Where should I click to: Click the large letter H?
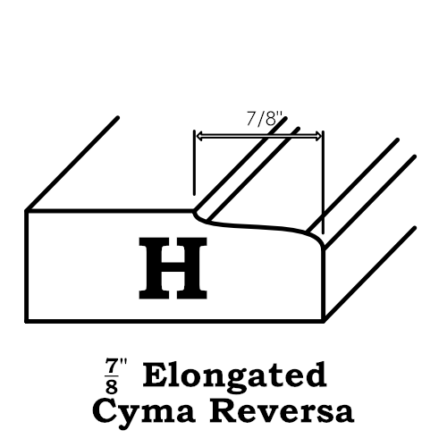tap(173, 268)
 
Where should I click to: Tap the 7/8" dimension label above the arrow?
tap(264, 119)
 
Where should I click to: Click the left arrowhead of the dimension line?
tap(199, 136)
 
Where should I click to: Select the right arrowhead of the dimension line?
tap(318, 136)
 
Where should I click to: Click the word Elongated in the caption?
tap(235, 375)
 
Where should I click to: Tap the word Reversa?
tap(282, 410)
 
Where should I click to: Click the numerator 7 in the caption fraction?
tap(111, 367)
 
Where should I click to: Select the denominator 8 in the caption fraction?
tap(111, 386)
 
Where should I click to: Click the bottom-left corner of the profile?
tap(26, 321)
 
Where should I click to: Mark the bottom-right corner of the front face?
tap(324, 321)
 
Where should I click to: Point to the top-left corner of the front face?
tap(27, 211)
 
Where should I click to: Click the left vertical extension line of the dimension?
tap(194, 163)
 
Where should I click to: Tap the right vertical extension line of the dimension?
tap(324, 182)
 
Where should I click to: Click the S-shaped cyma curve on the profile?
tap(257, 225)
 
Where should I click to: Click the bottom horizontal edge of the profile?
tap(174, 321)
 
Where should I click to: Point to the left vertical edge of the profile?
tap(26, 266)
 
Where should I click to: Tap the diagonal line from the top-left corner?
tap(72, 164)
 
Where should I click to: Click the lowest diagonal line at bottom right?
tap(369, 274)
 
